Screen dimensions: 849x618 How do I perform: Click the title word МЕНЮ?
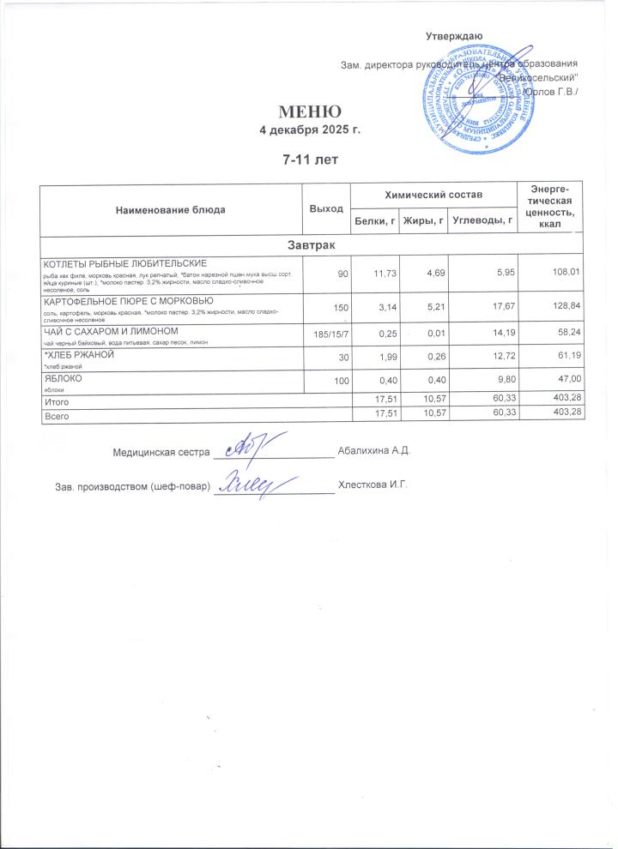309,112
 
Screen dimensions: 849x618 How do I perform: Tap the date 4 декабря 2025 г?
309,130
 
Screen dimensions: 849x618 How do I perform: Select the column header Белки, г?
374,222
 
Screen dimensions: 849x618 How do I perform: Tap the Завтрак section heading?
309,246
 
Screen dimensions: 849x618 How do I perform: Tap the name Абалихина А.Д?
376,450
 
